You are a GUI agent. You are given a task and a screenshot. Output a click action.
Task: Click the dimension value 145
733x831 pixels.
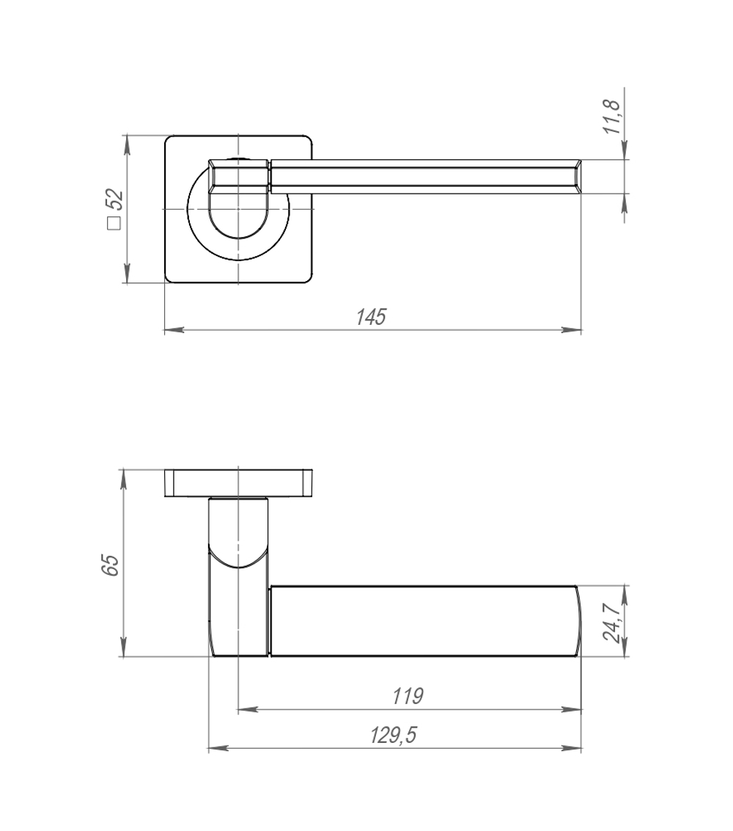click(371, 317)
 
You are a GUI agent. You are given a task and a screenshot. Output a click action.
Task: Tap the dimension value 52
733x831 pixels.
click(114, 199)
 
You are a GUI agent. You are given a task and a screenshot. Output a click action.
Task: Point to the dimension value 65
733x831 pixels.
click(110, 565)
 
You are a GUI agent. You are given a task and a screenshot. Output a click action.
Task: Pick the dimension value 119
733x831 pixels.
click(408, 695)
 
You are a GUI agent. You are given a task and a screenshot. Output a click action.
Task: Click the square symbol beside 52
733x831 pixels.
click(114, 224)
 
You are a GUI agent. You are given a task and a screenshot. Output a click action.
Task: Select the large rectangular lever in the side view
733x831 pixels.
click(424, 620)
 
